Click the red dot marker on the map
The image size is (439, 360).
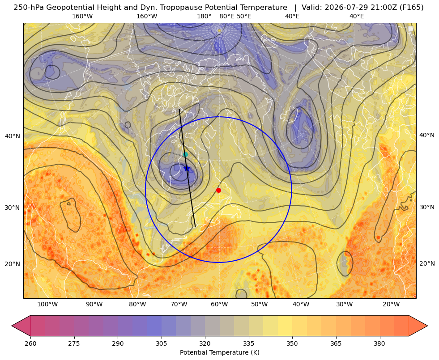[x=219, y=190]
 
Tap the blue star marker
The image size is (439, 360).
[x=187, y=169]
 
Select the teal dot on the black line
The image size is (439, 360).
[x=185, y=154]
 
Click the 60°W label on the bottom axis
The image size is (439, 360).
[x=219, y=305]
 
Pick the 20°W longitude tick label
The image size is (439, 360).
[x=392, y=305]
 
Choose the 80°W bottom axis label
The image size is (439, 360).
[x=137, y=305]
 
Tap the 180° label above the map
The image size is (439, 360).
[x=204, y=16]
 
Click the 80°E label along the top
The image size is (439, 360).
[x=226, y=16]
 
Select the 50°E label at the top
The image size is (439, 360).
[x=244, y=16]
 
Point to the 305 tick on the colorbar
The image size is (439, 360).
[x=161, y=343]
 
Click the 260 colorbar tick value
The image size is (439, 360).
[x=30, y=343]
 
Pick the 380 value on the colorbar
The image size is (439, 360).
[x=379, y=343]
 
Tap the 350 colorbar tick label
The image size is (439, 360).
[x=292, y=343]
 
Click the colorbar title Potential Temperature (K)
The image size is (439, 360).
[x=219, y=352]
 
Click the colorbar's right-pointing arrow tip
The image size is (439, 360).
[x=427, y=326]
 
